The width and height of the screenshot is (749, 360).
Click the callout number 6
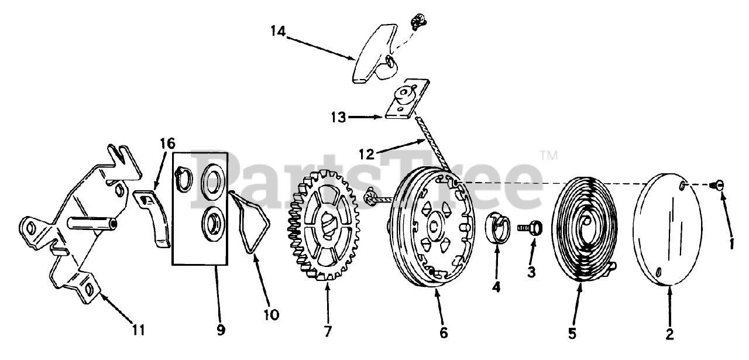(x=443, y=334)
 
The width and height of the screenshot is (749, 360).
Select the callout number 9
(x=221, y=330)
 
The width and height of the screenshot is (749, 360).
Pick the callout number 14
(x=278, y=32)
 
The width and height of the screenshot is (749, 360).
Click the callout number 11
(x=138, y=330)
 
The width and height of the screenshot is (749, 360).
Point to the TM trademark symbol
(x=548, y=156)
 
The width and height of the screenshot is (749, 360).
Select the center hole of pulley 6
(x=434, y=226)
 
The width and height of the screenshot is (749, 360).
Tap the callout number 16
(x=167, y=143)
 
